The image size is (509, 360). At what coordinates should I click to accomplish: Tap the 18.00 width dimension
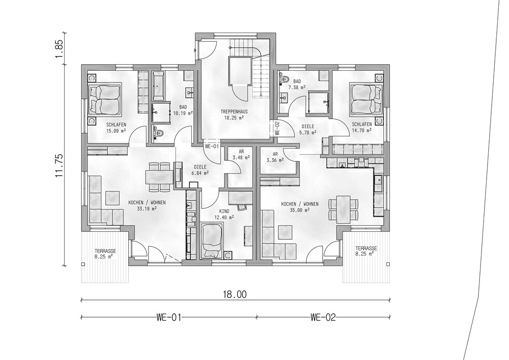(x=235, y=294)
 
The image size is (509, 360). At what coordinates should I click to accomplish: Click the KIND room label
(x=224, y=211)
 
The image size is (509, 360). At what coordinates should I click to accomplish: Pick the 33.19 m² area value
(x=147, y=209)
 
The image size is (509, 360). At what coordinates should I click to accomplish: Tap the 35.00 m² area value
(x=300, y=210)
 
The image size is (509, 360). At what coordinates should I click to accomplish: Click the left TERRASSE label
(x=105, y=251)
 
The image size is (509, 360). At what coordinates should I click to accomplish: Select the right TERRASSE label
(x=366, y=248)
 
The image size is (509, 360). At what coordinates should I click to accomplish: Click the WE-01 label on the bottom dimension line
(x=168, y=317)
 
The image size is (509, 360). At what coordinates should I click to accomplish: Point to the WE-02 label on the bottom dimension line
(x=323, y=317)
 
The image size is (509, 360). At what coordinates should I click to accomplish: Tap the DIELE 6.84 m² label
(x=200, y=170)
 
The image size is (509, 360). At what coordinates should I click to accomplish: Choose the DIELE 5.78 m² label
(x=307, y=129)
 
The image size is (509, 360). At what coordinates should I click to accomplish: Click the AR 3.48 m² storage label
(x=241, y=154)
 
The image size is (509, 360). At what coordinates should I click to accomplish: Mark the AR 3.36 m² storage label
(x=275, y=157)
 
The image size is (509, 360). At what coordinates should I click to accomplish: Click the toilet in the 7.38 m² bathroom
(x=285, y=79)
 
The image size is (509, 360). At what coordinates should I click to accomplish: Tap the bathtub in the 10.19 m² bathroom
(x=158, y=86)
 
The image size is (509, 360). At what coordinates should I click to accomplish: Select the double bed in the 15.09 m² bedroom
(x=104, y=99)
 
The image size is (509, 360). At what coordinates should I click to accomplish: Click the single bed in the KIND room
(x=211, y=241)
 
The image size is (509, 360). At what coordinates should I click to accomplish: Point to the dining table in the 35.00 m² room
(x=344, y=209)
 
